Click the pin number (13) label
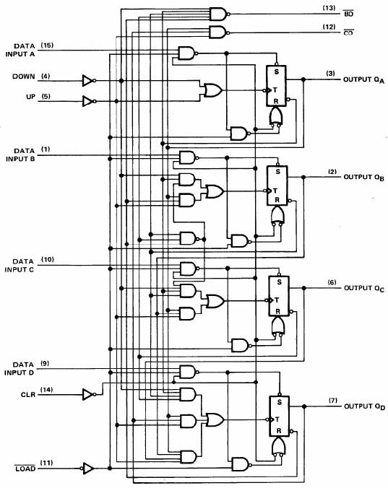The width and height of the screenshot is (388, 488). [329, 8]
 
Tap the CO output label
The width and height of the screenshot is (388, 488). [348, 32]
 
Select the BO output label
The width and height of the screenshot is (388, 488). [348, 14]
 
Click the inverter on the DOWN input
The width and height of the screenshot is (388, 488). [89, 81]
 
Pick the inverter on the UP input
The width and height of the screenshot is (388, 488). [89, 101]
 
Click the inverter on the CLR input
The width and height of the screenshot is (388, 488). [89, 394]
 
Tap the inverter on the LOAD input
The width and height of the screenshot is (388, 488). [87, 468]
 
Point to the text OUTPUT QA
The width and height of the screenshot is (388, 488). [363, 80]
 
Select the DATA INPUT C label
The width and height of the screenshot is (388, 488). [19, 266]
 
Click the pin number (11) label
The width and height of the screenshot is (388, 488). [46, 463]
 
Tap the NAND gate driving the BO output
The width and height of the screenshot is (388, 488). [219, 14]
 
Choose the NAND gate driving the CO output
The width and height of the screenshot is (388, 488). [219, 32]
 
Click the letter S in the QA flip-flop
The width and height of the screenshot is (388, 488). [277, 71]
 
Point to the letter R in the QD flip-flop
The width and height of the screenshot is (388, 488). [279, 431]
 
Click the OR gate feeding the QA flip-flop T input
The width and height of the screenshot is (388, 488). [213, 90]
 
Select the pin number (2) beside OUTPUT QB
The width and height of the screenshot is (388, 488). [332, 172]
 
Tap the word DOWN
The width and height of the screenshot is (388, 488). [24, 77]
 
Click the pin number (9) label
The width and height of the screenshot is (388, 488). [45, 363]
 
